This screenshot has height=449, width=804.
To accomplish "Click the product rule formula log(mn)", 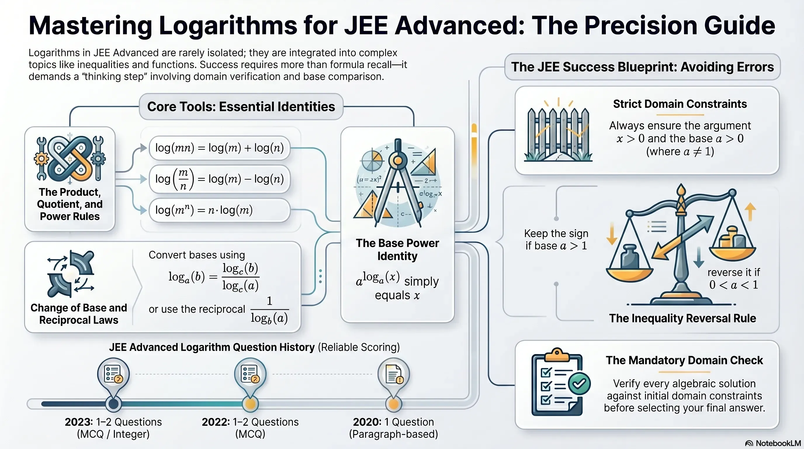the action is pyautogui.click(x=219, y=148).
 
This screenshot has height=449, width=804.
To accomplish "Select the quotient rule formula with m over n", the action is pyautogui.click(x=219, y=179).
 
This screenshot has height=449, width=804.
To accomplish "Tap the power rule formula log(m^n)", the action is pyautogui.click(x=204, y=210).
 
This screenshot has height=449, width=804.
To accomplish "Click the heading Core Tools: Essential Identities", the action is pyautogui.click(x=241, y=106).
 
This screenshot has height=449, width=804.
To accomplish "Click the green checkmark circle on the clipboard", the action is pyautogui.click(x=579, y=384).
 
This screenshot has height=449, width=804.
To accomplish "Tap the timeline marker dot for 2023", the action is pyautogui.click(x=113, y=404).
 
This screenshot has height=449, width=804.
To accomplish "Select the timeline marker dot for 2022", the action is pyautogui.click(x=250, y=404).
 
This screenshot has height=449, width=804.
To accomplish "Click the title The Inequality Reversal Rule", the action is pyautogui.click(x=682, y=318).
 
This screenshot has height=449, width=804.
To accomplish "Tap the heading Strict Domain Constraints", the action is pyautogui.click(x=680, y=104).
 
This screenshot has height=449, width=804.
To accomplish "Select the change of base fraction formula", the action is pyautogui.click(x=214, y=277).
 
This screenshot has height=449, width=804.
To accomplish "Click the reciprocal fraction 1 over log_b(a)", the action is pyautogui.click(x=269, y=310).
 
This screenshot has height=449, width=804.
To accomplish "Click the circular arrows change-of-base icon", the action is pyautogui.click(x=70, y=274).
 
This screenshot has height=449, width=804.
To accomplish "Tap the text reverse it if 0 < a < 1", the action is pyautogui.click(x=734, y=279).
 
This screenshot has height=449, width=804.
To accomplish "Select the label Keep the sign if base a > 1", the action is pyautogui.click(x=556, y=239).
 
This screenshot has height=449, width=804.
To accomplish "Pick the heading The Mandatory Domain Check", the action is pyautogui.click(x=684, y=360).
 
